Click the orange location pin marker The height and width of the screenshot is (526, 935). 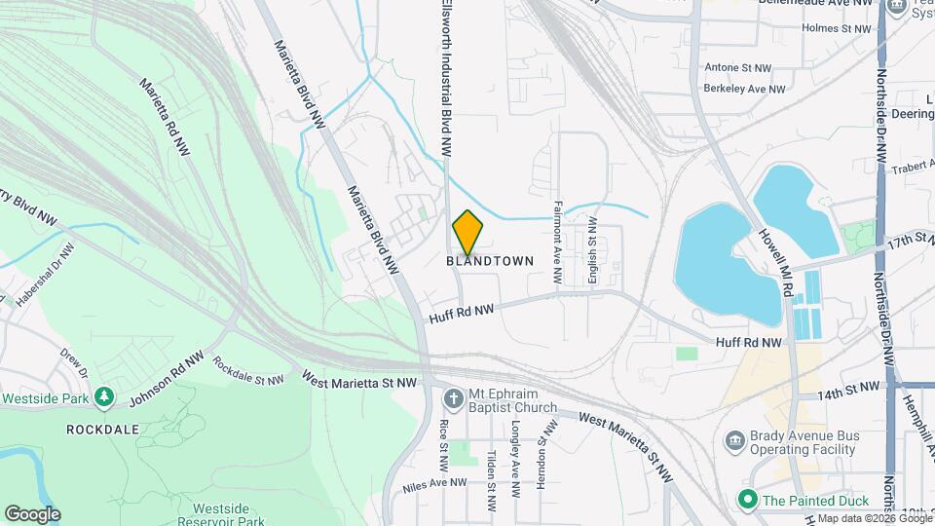coord(468,233)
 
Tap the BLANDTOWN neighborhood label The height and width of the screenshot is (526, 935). coord(491,261)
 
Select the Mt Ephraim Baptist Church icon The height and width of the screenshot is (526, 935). coord(453,398)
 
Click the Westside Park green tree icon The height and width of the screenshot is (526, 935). coord(104,398)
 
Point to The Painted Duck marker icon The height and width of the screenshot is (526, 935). coord(748,500)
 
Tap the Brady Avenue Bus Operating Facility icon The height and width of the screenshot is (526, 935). coord(735,440)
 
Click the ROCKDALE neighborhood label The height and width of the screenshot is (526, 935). coord(103,429)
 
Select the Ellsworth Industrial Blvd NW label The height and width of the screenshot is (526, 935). coord(444,78)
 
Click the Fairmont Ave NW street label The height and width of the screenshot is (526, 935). coord(558,243)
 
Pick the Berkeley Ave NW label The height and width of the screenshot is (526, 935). coord(744,89)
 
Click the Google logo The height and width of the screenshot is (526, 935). coord(32,513)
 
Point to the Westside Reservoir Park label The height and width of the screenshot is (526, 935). coord(228,514)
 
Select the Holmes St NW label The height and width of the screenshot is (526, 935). coord(836,29)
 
